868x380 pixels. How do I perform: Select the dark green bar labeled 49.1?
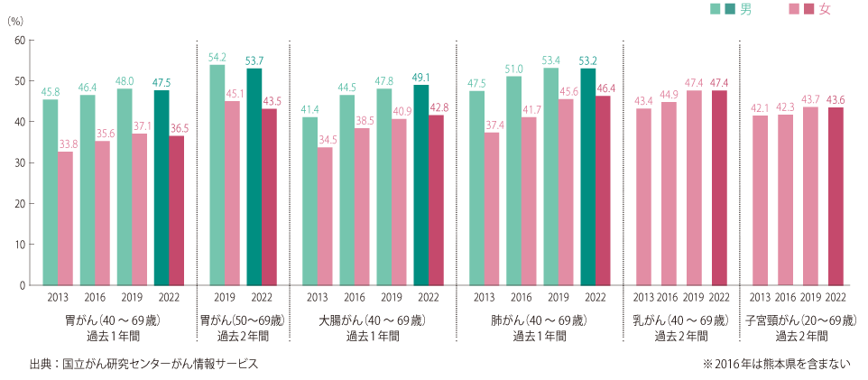tap(421, 185)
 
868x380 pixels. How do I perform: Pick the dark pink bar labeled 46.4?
tap(603, 190)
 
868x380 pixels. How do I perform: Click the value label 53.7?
tap(254, 60)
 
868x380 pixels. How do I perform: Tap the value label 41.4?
tap(309, 109)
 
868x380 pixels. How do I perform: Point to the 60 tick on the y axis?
tap(20, 41)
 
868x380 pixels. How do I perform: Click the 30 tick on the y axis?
tap(20, 163)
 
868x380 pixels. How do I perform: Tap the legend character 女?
tap(824, 9)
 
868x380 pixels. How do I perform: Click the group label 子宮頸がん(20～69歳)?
tap(800, 320)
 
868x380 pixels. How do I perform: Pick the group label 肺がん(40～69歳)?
tap(540, 320)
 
